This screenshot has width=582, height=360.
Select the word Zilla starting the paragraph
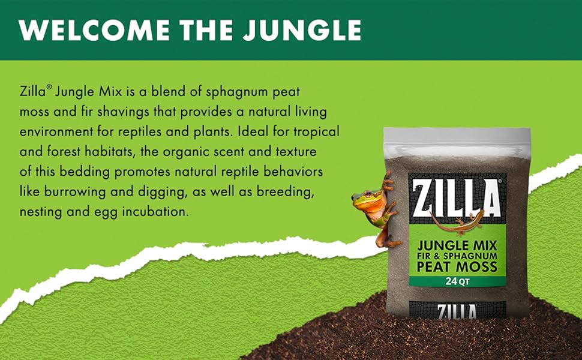point(32,91)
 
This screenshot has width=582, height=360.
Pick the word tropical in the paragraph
point(316,133)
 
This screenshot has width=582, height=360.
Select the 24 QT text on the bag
point(458,281)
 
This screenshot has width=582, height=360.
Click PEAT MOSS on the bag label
point(457,266)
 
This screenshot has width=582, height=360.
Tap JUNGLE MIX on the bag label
point(457,245)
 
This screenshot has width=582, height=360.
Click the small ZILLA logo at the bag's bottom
point(457,311)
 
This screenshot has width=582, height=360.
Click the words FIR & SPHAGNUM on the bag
point(457,256)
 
